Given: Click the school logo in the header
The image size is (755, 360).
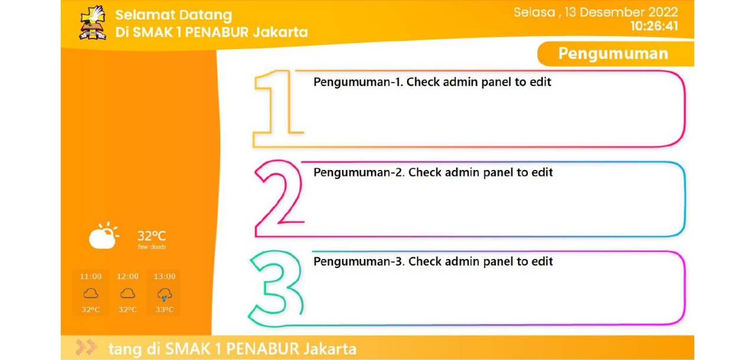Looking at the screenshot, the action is click(x=93, y=23).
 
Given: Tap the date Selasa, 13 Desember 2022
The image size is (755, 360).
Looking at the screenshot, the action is click(x=596, y=12).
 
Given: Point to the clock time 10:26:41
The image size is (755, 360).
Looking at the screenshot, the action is click(x=654, y=27).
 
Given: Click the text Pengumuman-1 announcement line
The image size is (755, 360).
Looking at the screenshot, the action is click(x=432, y=82).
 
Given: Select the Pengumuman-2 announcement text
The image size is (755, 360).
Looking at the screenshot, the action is click(x=433, y=172).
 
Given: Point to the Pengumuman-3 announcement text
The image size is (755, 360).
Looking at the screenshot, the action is click(x=433, y=261).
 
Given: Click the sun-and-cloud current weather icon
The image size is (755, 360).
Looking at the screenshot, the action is click(x=103, y=236).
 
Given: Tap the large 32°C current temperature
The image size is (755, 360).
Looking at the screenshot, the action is click(x=152, y=236).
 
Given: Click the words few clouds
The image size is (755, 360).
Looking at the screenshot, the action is click(x=152, y=247).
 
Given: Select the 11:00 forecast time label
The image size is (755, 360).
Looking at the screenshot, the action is click(x=91, y=277).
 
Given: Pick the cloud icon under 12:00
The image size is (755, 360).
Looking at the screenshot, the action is click(x=128, y=293).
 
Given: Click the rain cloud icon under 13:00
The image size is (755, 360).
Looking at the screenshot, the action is click(x=165, y=294).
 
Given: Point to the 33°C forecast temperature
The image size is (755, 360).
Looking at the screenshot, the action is click(x=165, y=310).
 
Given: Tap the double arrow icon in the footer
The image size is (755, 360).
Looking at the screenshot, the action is click(x=86, y=348).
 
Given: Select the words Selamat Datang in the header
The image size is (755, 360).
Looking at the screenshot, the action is click(x=173, y=15).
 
